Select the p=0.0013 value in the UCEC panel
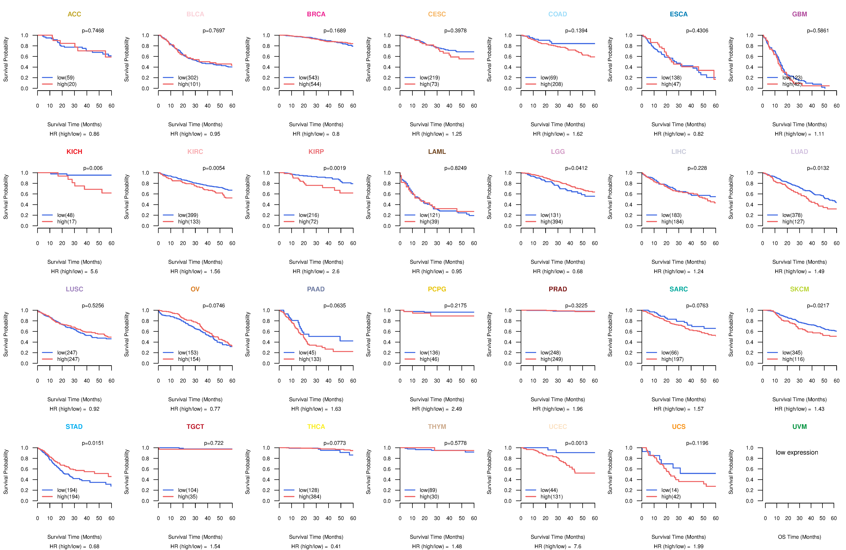576,443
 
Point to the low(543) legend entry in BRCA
309,78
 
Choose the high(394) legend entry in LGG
551,222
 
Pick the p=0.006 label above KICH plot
93,168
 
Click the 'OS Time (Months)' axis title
799,537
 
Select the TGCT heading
195,427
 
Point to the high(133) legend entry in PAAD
310,359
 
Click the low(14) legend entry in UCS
670,490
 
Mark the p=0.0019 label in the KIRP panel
334,168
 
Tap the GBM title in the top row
799,14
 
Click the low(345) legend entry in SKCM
792,353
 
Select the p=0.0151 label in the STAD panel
93,443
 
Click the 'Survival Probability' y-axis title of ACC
6,59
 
